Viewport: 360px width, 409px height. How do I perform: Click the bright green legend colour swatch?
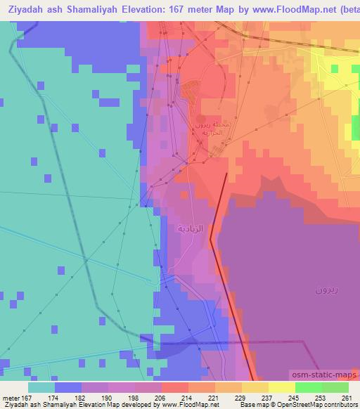pos(309,387)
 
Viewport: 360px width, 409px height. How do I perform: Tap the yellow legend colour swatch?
pos(282,387)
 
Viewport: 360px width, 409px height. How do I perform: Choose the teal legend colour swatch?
pos(41,387)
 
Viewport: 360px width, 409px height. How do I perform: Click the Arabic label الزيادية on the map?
pos(192,228)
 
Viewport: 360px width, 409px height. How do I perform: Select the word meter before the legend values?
pos(11,397)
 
